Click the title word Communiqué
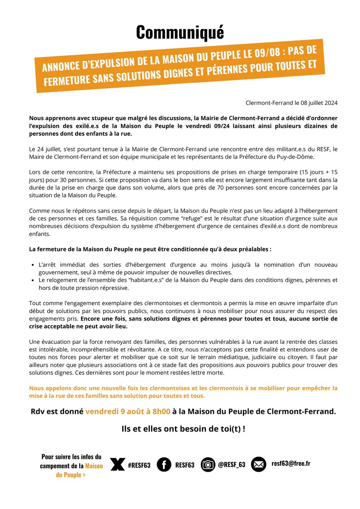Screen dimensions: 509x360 (180, 33)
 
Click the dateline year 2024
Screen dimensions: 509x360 (330, 103)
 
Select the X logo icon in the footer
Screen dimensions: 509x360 (117, 464)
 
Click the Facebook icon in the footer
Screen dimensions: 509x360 (164, 464)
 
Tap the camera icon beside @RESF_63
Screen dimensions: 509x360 (208, 464)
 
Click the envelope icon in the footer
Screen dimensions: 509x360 (259, 464)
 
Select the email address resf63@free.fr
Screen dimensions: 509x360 (291, 464)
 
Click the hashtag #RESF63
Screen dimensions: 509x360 (139, 465)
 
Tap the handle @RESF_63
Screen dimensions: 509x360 (231, 465)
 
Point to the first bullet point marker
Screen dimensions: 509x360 (33, 265)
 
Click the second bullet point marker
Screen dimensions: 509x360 (33, 281)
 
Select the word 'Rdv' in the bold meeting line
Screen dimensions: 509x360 (38, 412)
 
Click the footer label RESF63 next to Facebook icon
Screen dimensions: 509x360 (185, 465)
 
